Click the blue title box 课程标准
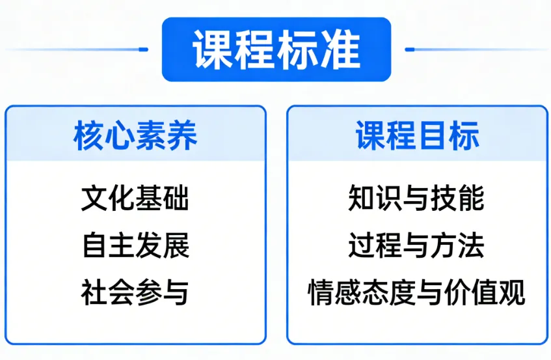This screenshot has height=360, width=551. click(276, 49)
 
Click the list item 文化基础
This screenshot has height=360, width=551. click(135, 198)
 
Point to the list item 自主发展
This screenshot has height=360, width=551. click(135, 245)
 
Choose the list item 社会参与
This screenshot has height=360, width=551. click(135, 292)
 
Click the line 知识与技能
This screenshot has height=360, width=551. click(417, 198)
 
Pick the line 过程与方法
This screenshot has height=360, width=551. click(417, 245)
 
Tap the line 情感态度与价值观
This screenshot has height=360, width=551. click(417, 292)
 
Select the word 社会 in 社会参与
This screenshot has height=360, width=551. click(108, 292)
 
